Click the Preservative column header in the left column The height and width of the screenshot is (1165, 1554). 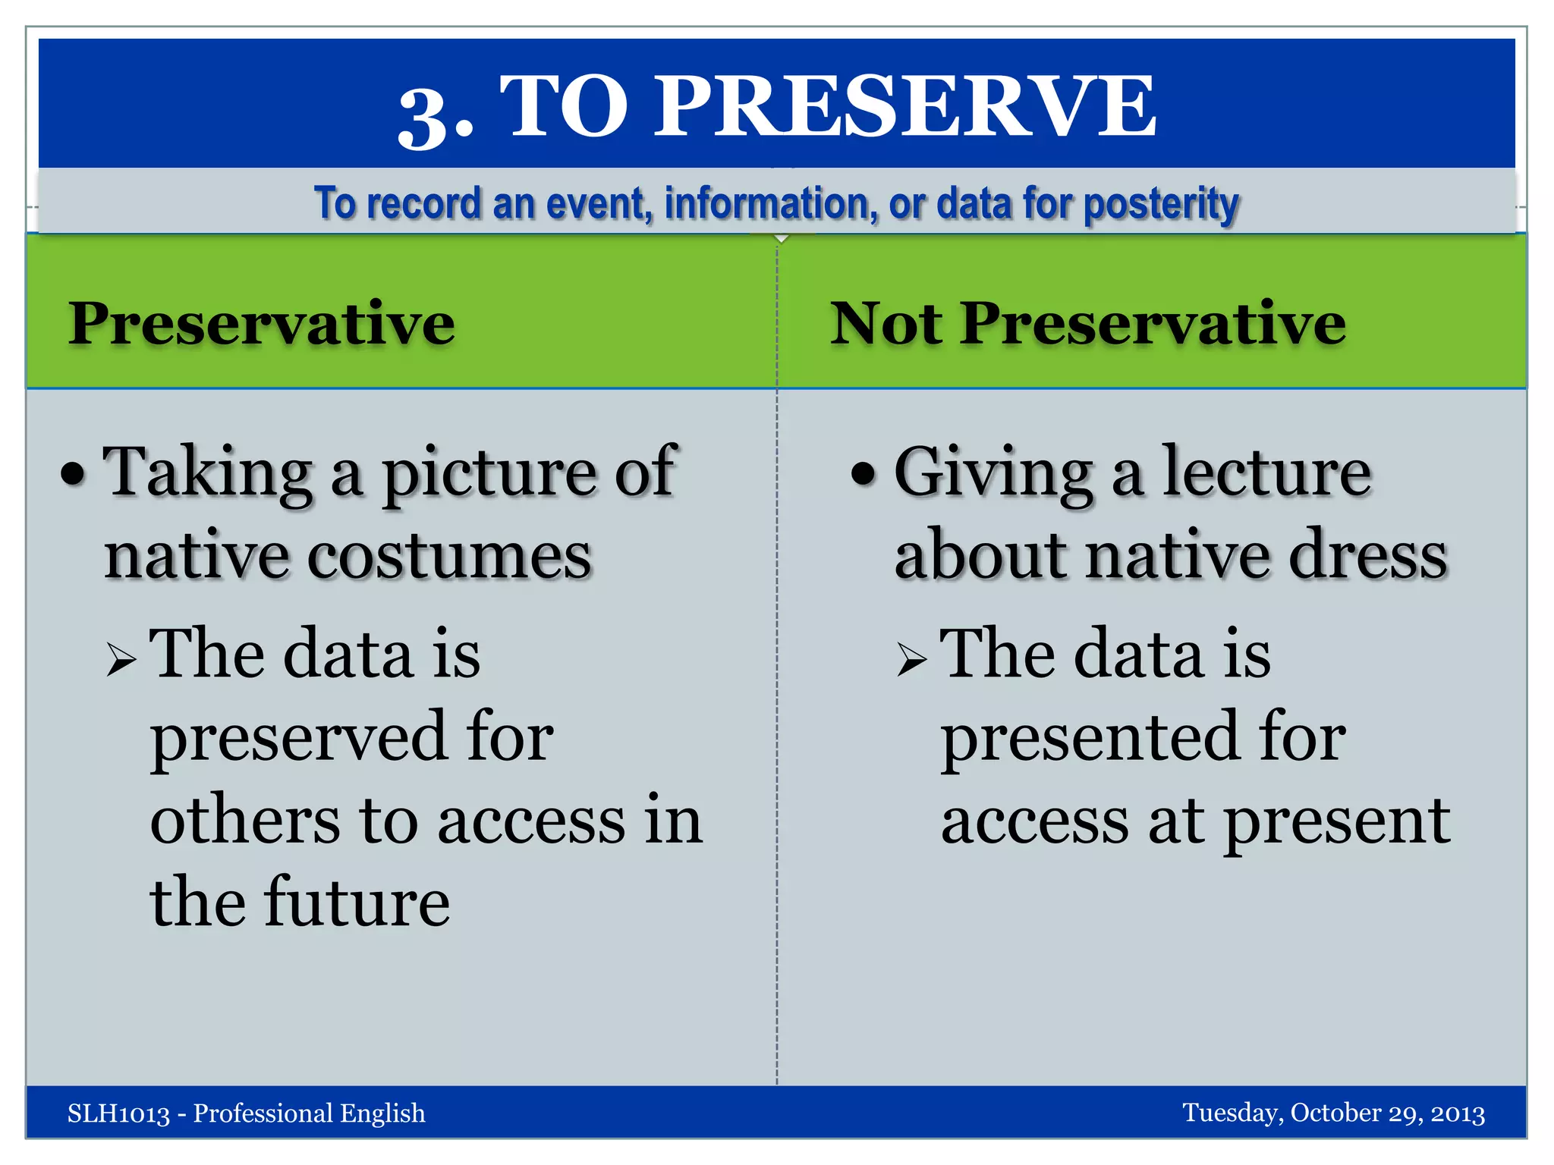pos(262,324)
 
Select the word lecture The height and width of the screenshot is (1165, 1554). pos(1266,472)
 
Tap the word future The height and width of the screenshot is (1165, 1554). pos(357,903)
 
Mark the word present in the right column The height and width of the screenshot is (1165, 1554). pos(1337,821)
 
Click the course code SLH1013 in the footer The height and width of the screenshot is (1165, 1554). pos(118,1113)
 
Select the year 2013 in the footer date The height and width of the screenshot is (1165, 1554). pos(1457,1113)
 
